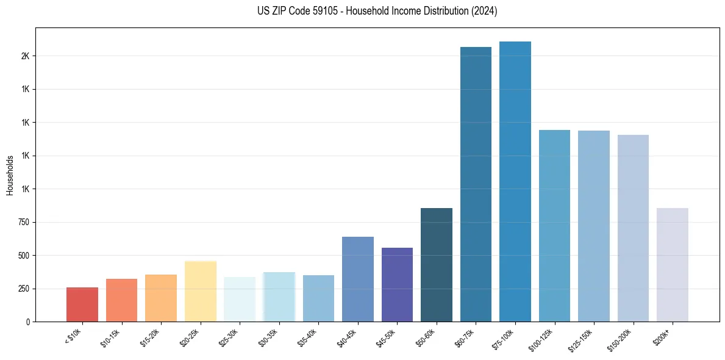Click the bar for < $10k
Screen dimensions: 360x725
pos(82,304)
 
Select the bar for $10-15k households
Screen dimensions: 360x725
pos(121,300)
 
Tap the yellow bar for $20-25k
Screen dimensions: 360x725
pos(200,291)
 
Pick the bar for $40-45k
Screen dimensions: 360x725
pos(357,279)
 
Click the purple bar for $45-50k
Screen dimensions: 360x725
pos(397,284)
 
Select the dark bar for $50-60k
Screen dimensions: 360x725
pos(437,265)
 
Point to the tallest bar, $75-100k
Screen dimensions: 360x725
pos(515,181)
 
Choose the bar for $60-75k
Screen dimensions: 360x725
pos(476,184)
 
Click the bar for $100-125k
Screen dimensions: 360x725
pos(554,226)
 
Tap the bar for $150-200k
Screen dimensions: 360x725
pos(633,228)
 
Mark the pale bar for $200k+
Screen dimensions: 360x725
pos(672,265)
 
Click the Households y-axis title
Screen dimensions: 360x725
pos(10,175)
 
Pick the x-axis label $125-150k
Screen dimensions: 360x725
pos(584,339)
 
